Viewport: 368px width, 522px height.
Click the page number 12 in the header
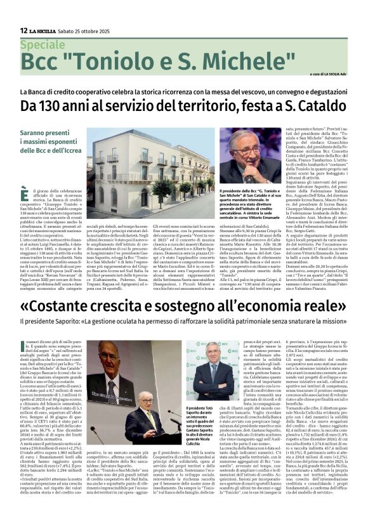23,30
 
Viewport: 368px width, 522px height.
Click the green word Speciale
42,45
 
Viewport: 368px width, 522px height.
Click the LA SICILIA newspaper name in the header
45,30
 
